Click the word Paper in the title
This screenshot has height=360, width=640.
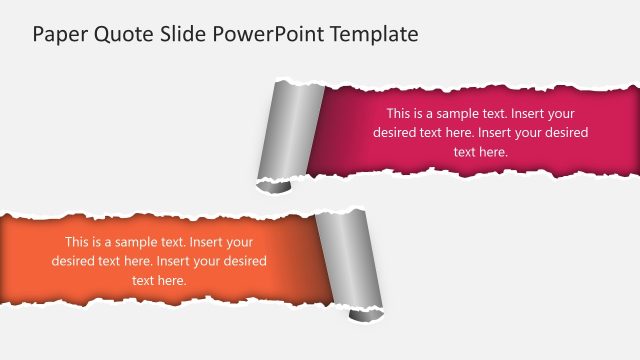56,34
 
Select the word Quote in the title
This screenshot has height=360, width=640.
114,34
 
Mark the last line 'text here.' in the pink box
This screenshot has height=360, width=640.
481,152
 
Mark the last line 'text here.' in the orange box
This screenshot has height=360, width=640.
159,281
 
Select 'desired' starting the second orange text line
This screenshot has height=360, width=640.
73,261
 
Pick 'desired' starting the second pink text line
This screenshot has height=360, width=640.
395,132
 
